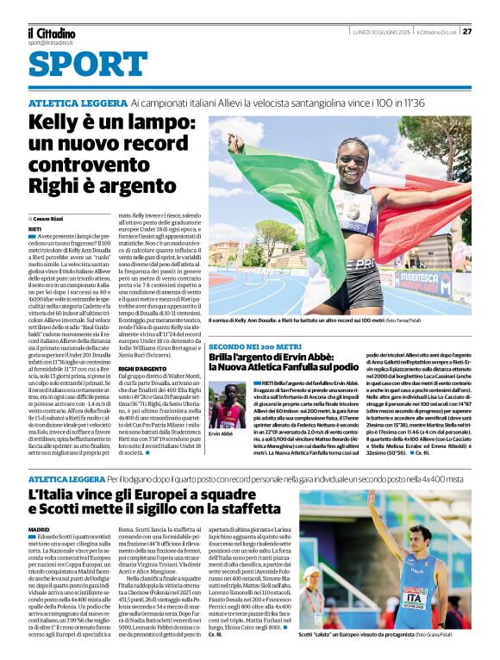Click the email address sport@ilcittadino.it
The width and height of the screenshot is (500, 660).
(x=50, y=42)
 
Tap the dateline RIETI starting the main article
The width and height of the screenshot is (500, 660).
(x=35, y=230)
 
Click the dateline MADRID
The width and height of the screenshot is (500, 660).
(x=39, y=528)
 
